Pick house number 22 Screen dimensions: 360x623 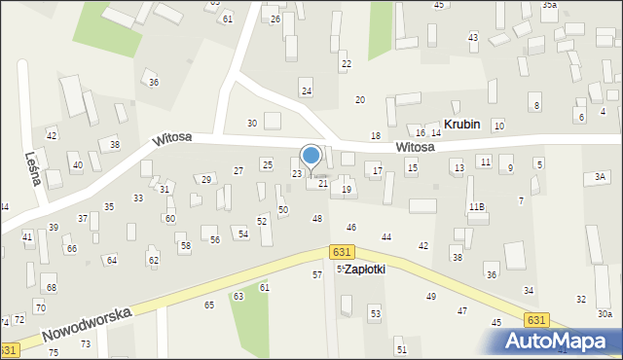(x=346, y=64)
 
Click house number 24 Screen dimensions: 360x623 (x=306, y=90)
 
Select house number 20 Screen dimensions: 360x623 (x=359, y=99)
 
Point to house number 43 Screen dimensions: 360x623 (x=473, y=37)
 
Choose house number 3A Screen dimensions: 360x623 (x=601, y=176)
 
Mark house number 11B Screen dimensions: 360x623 (x=476, y=206)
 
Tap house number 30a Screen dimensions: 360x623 (x=605, y=313)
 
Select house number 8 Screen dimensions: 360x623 (x=535, y=105)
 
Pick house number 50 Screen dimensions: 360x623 (x=283, y=209)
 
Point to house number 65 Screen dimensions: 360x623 (x=209, y=305)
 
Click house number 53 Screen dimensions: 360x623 (x=375, y=313)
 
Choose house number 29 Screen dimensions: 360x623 (x=205, y=179)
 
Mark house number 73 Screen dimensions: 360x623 (x=86, y=344)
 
